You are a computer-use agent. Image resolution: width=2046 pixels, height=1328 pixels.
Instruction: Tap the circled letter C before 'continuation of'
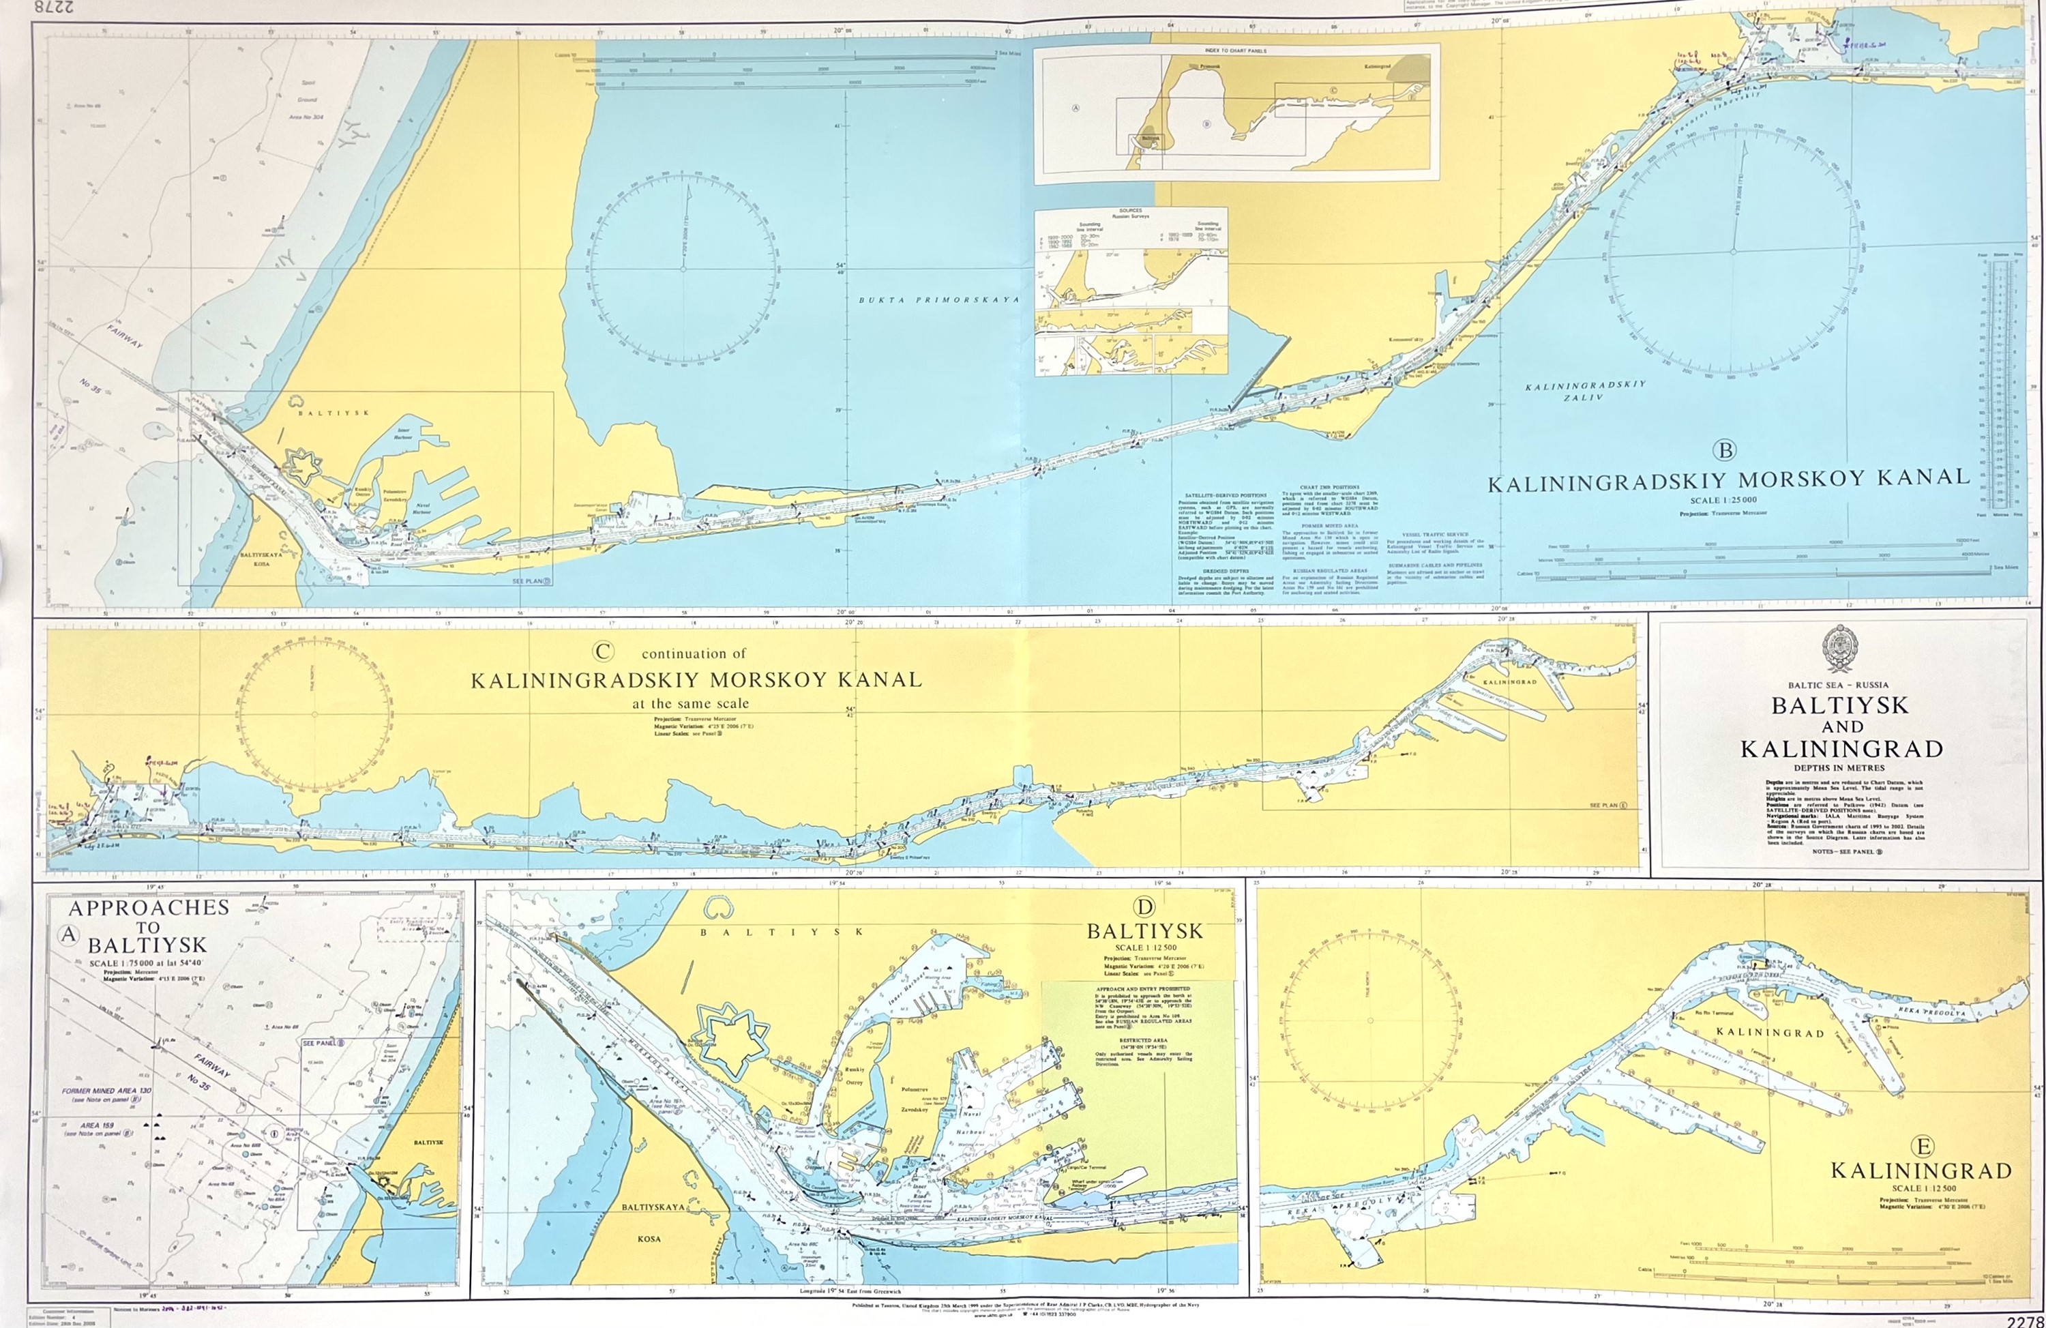pos(603,652)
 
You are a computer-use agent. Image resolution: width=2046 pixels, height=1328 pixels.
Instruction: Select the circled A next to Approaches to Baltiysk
pos(68,936)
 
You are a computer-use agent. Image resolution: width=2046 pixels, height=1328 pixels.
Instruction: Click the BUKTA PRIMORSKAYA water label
pos(938,300)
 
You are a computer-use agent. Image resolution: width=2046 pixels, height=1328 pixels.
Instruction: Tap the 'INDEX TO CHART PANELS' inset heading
pos(1235,50)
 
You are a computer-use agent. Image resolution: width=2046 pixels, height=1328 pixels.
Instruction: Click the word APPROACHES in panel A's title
pos(149,908)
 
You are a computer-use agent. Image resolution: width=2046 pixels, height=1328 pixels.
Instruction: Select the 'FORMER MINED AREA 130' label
pos(108,1091)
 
